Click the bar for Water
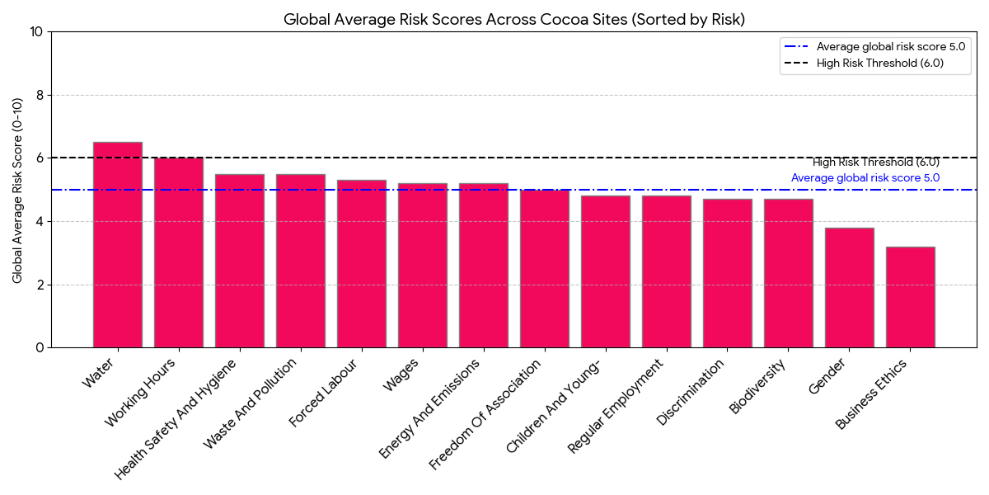pyautogui.click(x=118, y=245)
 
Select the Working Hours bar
pyautogui.click(x=179, y=252)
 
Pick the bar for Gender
pyautogui.click(x=850, y=288)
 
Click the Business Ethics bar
pyautogui.click(x=911, y=297)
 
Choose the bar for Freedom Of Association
pyautogui.click(x=545, y=269)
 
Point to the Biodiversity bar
pyautogui.click(x=789, y=273)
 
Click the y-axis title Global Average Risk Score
pyautogui.click(x=17, y=190)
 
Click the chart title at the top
pyautogui.click(x=514, y=19)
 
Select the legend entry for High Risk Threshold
pyautogui.click(x=879, y=63)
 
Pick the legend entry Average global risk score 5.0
pyautogui.click(x=890, y=47)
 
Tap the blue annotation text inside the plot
pyautogui.click(x=865, y=177)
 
